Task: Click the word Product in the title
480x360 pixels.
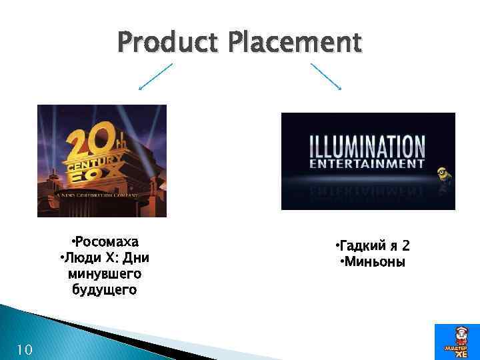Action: pyautogui.click(x=169, y=42)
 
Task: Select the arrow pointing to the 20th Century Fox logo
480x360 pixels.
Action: pyautogui.click(x=155, y=77)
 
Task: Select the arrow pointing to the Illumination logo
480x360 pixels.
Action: pyautogui.click(x=326, y=77)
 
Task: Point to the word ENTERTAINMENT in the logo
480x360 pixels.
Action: pyautogui.click(x=367, y=162)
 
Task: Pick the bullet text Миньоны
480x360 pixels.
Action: pyautogui.click(x=374, y=262)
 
